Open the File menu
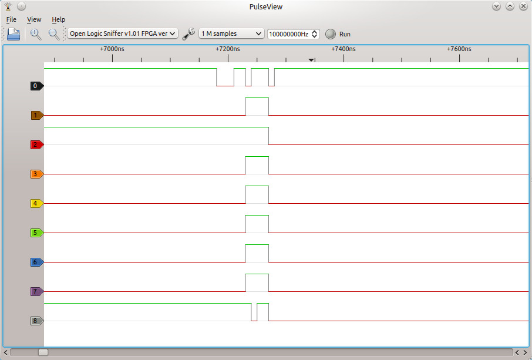pos(11,20)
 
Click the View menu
pos(34,20)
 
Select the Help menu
pos(58,20)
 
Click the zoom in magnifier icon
pos(36,34)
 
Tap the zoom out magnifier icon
pos(54,34)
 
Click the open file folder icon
pos(14,34)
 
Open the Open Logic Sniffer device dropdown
pos(123,33)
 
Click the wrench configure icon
pos(188,34)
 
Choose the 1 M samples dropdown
pos(231,33)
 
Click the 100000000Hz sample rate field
pos(293,34)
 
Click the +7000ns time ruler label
pos(112,49)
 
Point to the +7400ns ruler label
pos(344,49)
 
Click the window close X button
pos(523,6)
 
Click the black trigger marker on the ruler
pos(311,60)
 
